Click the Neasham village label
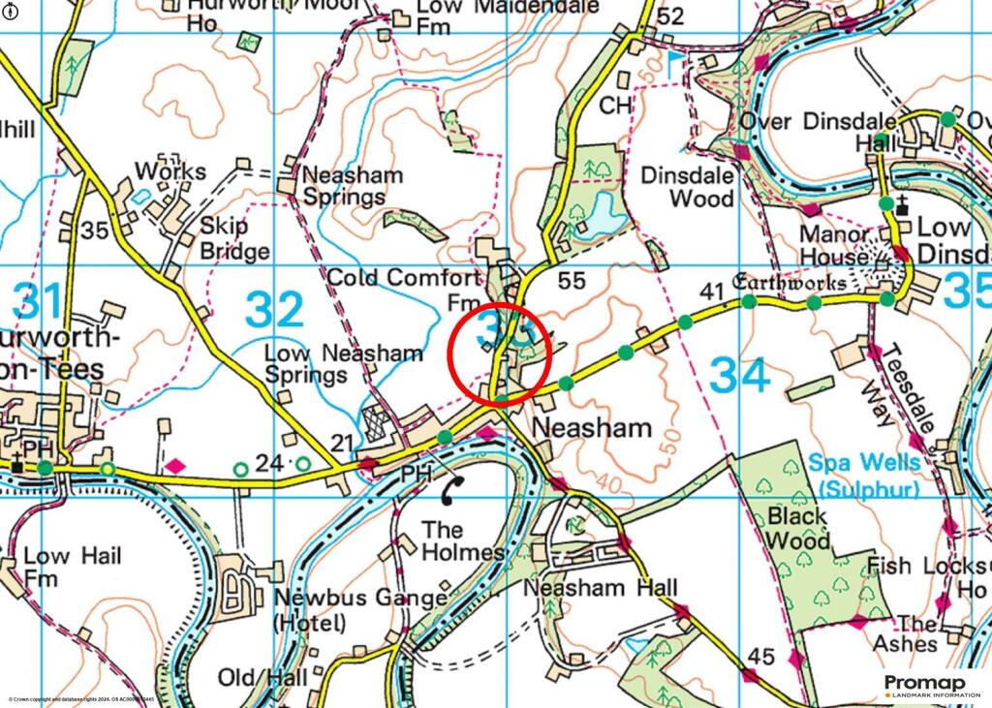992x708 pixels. [592, 427]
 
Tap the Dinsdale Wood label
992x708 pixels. [688, 188]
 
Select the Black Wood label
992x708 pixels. [800, 526]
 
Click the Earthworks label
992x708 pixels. [790, 284]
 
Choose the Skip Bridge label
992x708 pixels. [233, 239]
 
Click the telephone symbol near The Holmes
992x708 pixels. [450, 492]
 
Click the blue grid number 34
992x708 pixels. [739, 376]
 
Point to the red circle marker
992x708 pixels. [499, 354]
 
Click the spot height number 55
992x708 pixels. [573, 281]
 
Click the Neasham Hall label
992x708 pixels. [600, 588]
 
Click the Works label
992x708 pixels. [170, 171]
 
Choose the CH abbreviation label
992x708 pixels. [615, 104]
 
